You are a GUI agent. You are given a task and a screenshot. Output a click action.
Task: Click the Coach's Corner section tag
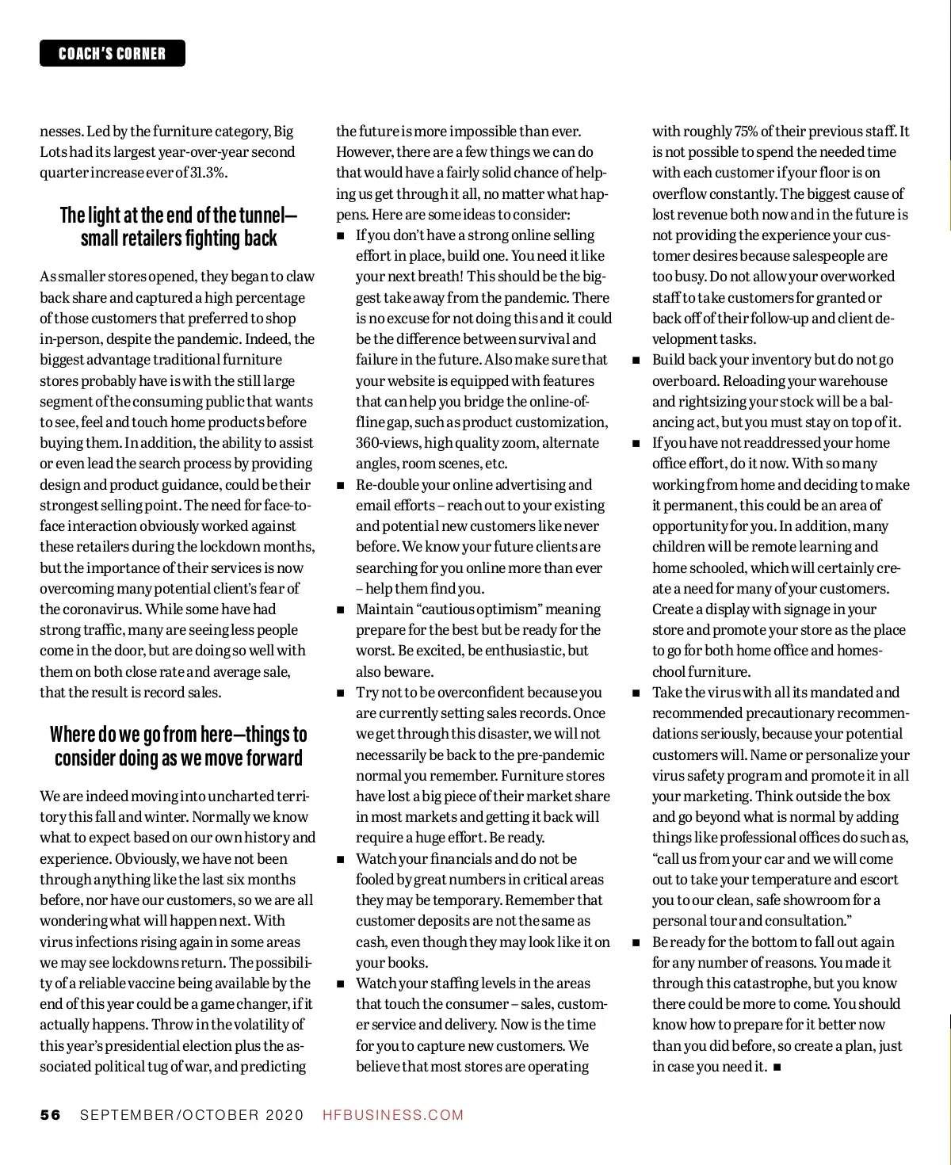(x=113, y=53)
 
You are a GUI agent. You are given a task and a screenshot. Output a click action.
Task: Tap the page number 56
(x=50, y=1115)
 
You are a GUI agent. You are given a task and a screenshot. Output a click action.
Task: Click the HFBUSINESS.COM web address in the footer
(x=393, y=1115)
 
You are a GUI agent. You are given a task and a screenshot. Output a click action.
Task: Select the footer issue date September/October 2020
(x=192, y=1115)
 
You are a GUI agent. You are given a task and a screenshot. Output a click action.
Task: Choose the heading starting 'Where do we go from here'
(x=178, y=746)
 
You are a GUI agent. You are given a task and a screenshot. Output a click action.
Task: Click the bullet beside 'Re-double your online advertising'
(x=341, y=485)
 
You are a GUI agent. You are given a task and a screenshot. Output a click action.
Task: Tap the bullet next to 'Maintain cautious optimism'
(x=341, y=609)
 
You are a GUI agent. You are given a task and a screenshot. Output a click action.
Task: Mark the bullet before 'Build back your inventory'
(x=636, y=361)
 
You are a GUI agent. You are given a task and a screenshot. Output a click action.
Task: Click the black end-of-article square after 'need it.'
(x=777, y=1067)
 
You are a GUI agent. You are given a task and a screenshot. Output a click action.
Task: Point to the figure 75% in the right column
(x=744, y=132)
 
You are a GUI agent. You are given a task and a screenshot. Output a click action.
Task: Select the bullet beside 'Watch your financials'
(x=341, y=859)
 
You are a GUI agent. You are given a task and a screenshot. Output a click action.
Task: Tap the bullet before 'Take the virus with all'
(x=636, y=693)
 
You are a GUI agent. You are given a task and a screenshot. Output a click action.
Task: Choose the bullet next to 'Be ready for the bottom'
(x=636, y=942)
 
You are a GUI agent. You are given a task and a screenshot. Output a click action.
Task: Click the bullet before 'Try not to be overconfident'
(x=341, y=693)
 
